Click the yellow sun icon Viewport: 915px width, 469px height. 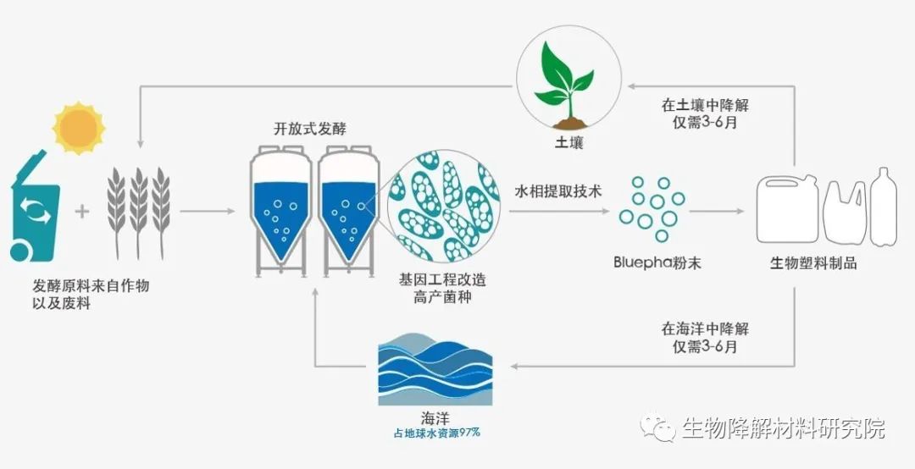[x=78, y=128]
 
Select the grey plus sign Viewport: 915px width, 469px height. [x=82, y=211]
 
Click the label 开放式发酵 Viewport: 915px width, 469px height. [x=310, y=129]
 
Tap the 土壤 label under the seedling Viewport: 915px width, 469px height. [x=568, y=142]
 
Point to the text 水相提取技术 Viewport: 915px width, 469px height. [x=558, y=190]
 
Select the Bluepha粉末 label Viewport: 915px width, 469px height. [x=657, y=262]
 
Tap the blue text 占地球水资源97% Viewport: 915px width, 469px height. [x=436, y=433]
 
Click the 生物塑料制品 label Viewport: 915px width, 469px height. [x=813, y=263]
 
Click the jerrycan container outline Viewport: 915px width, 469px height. [x=788, y=209]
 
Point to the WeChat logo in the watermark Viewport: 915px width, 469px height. [x=657, y=428]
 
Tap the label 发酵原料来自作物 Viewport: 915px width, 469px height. [x=91, y=286]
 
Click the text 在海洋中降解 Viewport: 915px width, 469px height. [x=705, y=329]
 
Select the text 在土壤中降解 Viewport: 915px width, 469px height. [x=705, y=106]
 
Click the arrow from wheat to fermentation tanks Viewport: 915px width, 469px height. [x=208, y=211]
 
